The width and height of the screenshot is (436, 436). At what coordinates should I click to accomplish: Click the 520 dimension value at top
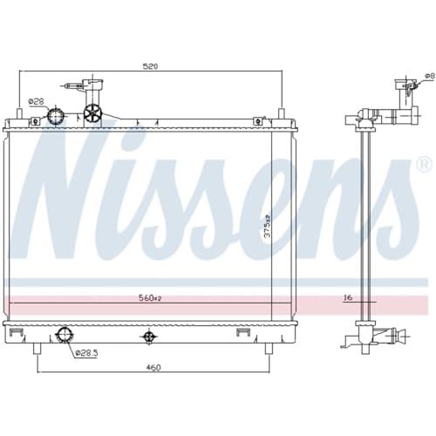[150, 66]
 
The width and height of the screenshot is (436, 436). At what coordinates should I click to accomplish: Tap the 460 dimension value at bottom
[153, 367]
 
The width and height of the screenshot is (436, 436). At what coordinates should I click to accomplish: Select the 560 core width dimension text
[150, 298]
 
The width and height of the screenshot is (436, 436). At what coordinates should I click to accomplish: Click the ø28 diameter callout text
[36, 101]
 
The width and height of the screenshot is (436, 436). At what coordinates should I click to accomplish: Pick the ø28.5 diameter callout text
[86, 353]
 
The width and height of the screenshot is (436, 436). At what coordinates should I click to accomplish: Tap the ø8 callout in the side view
[430, 76]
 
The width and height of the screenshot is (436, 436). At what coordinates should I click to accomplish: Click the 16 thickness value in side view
[348, 297]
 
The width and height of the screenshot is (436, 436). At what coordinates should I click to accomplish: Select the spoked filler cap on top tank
[92, 113]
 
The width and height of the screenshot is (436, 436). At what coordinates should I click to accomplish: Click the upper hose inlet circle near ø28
[56, 116]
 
